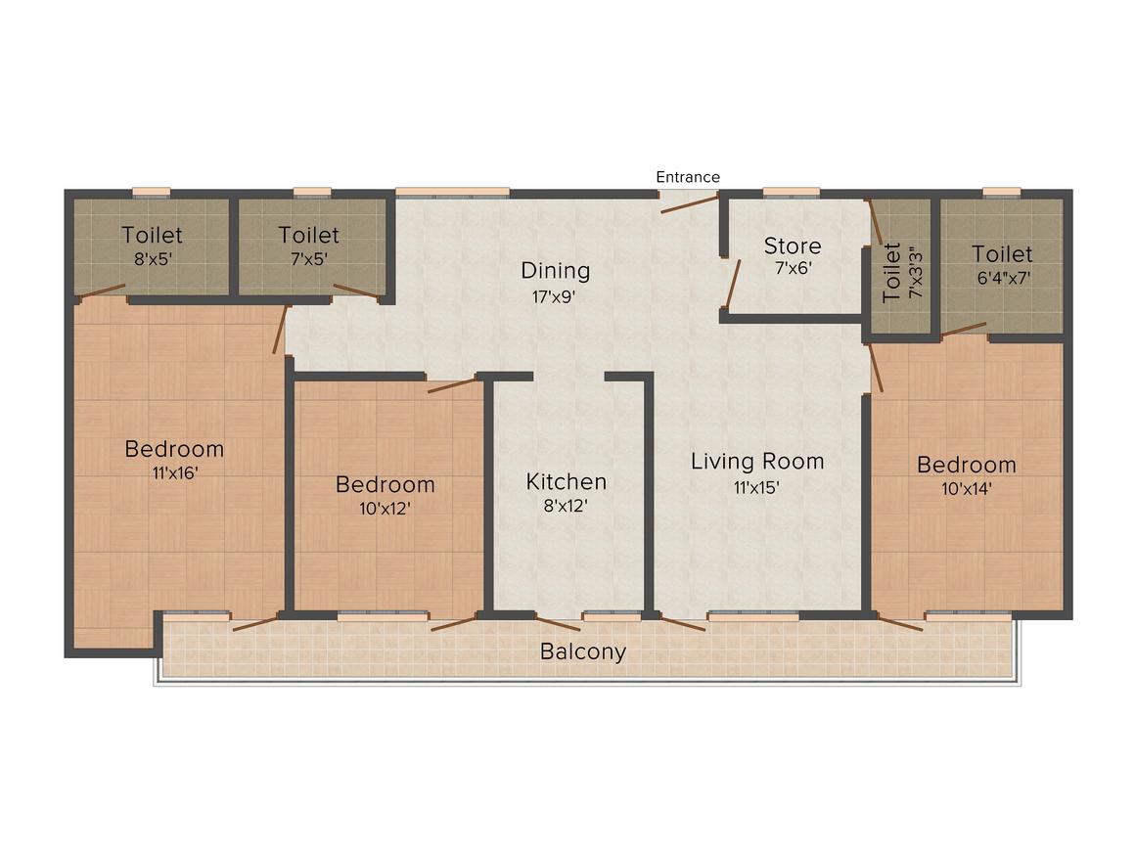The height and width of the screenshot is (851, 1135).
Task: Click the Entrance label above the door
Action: point(688,177)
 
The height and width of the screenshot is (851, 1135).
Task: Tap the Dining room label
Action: point(555,271)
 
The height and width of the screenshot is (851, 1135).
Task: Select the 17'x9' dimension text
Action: point(554,296)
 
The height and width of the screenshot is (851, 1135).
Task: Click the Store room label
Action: point(793,246)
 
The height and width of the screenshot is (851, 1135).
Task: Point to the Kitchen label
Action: point(567,482)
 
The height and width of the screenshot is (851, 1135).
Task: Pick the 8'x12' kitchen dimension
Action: point(566,506)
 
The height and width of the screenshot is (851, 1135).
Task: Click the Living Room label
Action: point(757,462)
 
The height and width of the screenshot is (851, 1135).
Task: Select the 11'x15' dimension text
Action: point(756,488)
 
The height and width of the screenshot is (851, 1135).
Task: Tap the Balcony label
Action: point(583,652)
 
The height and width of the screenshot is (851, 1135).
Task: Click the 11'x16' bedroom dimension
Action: point(175,473)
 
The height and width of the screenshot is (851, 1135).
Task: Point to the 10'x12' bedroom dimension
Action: point(386,509)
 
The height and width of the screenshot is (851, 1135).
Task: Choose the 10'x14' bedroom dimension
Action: point(967,489)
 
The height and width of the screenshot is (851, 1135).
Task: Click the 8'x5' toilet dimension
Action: point(153,259)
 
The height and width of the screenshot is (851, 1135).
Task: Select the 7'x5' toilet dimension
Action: point(309,259)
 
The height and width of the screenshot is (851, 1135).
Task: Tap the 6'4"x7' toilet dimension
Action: point(1003,278)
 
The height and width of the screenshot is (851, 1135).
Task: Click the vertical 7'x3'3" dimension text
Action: point(917,274)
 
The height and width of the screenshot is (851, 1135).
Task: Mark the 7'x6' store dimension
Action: point(794,268)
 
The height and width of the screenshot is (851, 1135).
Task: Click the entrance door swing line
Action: point(689,203)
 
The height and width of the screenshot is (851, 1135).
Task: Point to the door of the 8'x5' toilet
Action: point(102,291)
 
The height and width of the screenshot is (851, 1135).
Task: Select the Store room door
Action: point(733,284)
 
